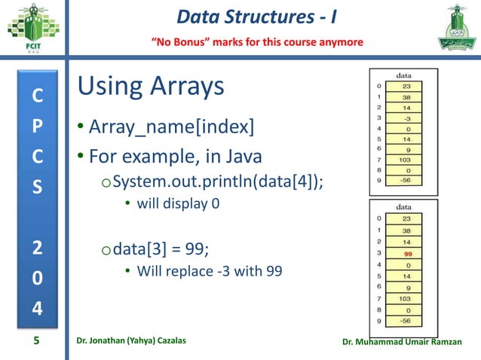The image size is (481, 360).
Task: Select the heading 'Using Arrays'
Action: [x=151, y=87]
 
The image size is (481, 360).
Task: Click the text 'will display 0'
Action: [x=178, y=203]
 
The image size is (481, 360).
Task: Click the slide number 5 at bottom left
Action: [x=35, y=342]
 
